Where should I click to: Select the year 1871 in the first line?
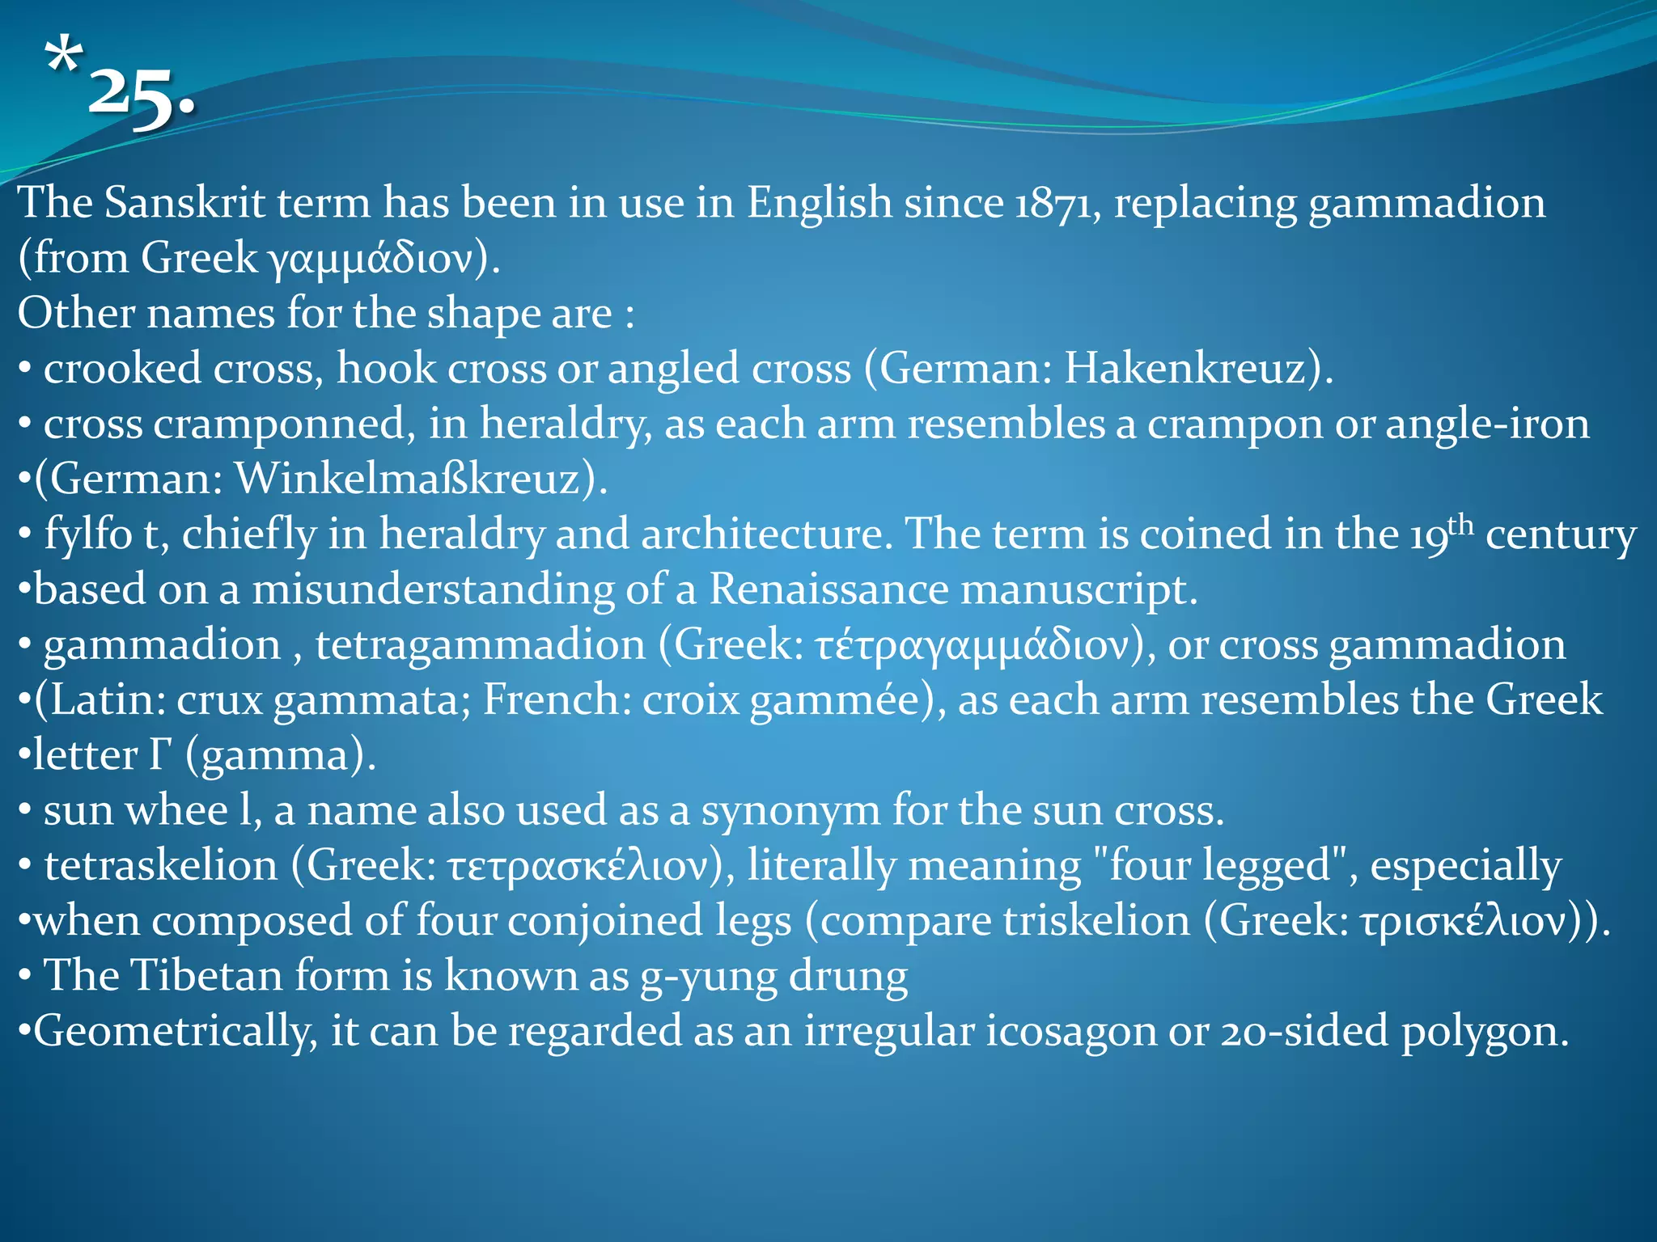(x=1057, y=202)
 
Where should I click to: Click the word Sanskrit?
(x=184, y=202)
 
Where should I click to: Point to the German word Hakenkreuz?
(x=1184, y=369)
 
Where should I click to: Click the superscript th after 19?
(x=1461, y=525)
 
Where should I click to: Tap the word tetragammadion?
(x=481, y=645)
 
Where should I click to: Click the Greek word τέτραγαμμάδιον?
(x=971, y=645)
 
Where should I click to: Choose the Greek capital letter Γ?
(x=160, y=754)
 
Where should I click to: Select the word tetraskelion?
(x=160, y=866)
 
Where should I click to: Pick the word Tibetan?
(x=206, y=976)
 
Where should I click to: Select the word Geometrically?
(x=175, y=1032)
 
